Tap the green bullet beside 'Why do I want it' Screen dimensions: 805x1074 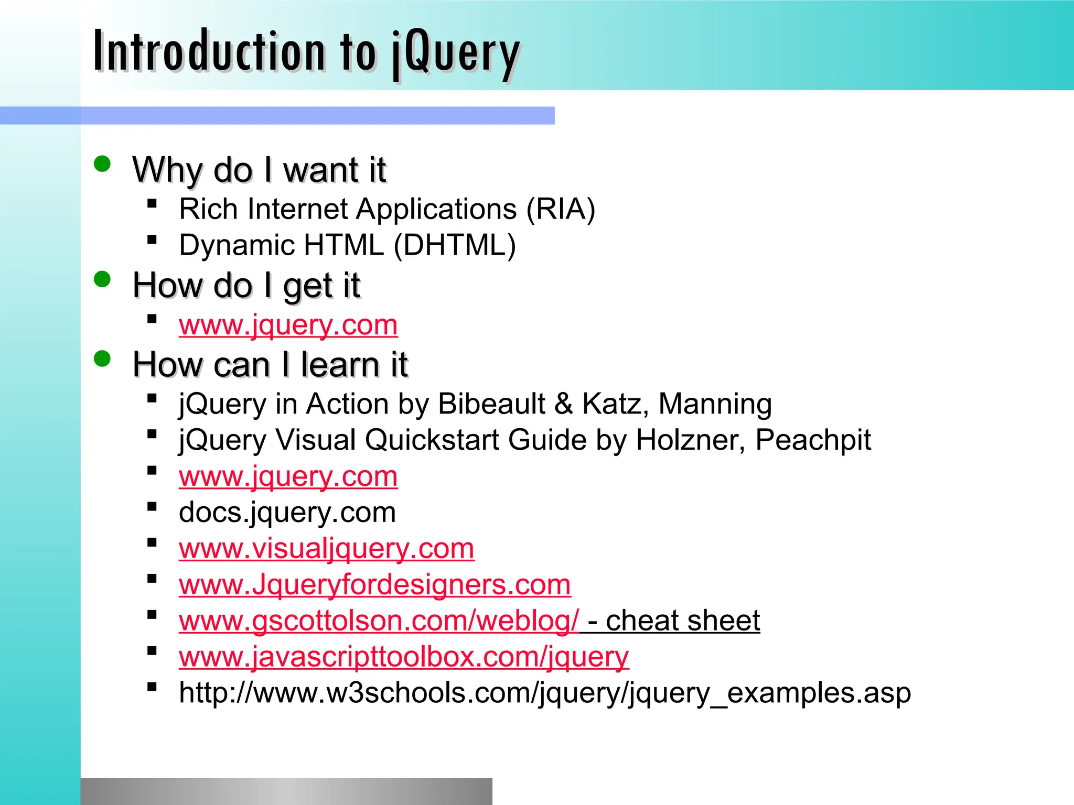pos(102,164)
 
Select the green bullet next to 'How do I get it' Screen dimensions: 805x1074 pos(102,279)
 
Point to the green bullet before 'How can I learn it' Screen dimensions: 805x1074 pos(102,359)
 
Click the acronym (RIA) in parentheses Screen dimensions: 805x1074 pos(561,209)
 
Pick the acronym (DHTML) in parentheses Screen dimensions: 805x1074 pos(455,245)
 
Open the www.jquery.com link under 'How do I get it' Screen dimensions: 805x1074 pos(288,325)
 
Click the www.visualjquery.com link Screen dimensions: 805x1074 pos(326,549)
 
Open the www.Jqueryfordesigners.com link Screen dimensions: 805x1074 pos(374,584)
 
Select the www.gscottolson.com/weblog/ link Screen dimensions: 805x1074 pos(379,621)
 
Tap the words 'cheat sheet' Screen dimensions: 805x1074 pos(683,621)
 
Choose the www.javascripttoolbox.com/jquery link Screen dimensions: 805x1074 pos(403,657)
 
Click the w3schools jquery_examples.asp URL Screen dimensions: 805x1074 pos(544,693)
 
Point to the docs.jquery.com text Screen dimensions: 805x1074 pos(287,513)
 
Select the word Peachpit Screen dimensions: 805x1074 pos(813,440)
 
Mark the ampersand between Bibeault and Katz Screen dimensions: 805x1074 pos(564,404)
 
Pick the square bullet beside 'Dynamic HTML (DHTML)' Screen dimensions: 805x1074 pos(152,240)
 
